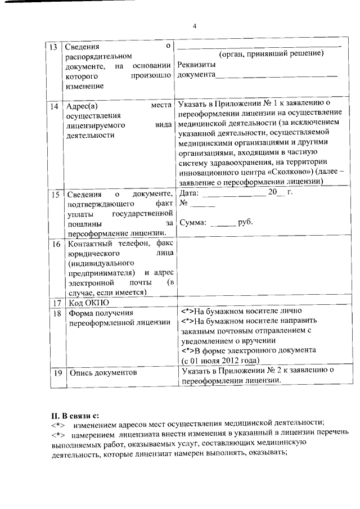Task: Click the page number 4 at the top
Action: click(x=194, y=26)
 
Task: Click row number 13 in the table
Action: click(x=54, y=46)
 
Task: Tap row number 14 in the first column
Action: click(x=54, y=105)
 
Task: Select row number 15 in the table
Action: click(x=54, y=194)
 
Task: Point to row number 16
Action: click(x=55, y=244)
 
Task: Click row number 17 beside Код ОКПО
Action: click(x=55, y=302)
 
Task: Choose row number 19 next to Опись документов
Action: click(x=55, y=372)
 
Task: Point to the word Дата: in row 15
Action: click(x=188, y=192)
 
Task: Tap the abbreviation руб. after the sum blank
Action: click(x=246, y=222)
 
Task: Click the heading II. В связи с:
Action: click(x=75, y=416)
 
